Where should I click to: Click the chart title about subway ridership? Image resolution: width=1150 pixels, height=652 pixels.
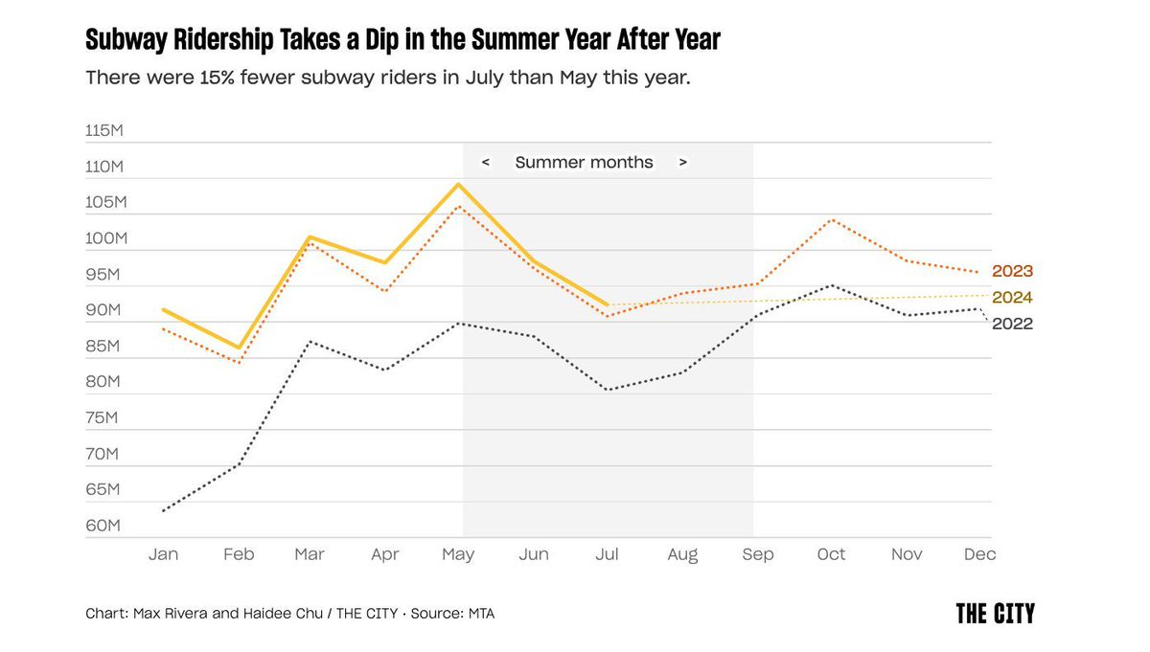tap(402, 39)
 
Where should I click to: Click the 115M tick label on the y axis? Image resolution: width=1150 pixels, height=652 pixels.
tap(104, 130)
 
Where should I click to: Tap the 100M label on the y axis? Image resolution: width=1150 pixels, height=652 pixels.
tap(104, 238)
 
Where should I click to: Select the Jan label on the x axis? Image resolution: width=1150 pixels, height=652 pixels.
tap(164, 554)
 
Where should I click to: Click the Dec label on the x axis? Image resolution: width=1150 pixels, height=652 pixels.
tap(979, 554)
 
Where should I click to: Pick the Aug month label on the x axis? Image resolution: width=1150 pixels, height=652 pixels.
tap(681, 554)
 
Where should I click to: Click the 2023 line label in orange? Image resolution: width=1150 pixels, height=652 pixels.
tap(1012, 271)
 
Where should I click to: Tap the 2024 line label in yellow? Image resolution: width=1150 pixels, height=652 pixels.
tap(1012, 298)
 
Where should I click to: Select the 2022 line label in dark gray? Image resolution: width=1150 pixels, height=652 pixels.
tap(1012, 325)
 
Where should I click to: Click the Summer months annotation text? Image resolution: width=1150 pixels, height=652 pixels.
tap(584, 163)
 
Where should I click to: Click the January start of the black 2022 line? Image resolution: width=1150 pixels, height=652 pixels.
tap(164, 510)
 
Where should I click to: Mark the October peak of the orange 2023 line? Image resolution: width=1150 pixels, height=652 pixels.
tap(831, 219)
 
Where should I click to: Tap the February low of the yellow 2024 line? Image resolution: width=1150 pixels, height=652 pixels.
tap(239, 348)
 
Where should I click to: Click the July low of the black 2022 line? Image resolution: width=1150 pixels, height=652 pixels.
tap(608, 390)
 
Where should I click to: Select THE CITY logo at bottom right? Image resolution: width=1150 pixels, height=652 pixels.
tap(995, 614)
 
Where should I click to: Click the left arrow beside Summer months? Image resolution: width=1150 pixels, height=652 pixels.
tap(486, 163)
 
